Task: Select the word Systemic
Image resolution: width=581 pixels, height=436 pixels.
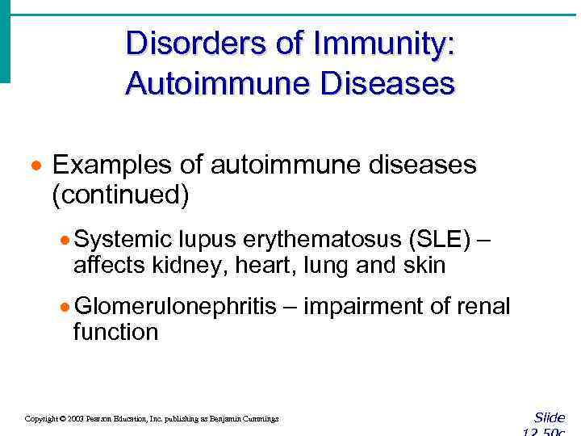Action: pos(123,240)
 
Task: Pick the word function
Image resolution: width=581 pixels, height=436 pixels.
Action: pos(115,332)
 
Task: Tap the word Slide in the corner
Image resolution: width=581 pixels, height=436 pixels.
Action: pos(550,417)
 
